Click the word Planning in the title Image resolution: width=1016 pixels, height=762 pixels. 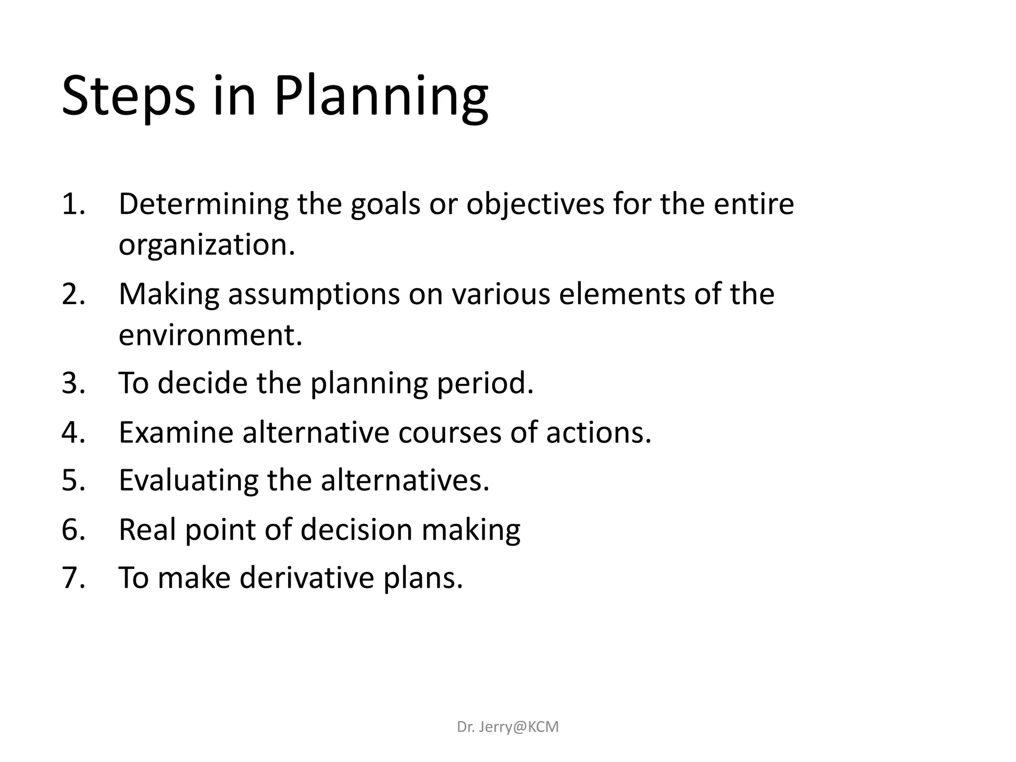381,97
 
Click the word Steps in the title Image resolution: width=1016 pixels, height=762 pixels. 128,97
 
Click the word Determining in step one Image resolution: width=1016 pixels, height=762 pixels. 203,204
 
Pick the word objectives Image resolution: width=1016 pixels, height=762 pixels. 535,205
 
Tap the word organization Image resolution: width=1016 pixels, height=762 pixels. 206,245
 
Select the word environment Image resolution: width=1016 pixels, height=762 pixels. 210,335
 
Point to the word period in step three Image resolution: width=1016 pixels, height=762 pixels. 485,384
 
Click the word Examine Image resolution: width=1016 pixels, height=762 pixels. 176,432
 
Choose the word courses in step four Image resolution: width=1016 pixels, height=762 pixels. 450,432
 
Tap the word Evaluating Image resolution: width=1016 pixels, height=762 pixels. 189,481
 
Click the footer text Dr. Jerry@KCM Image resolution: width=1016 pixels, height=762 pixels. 508,727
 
